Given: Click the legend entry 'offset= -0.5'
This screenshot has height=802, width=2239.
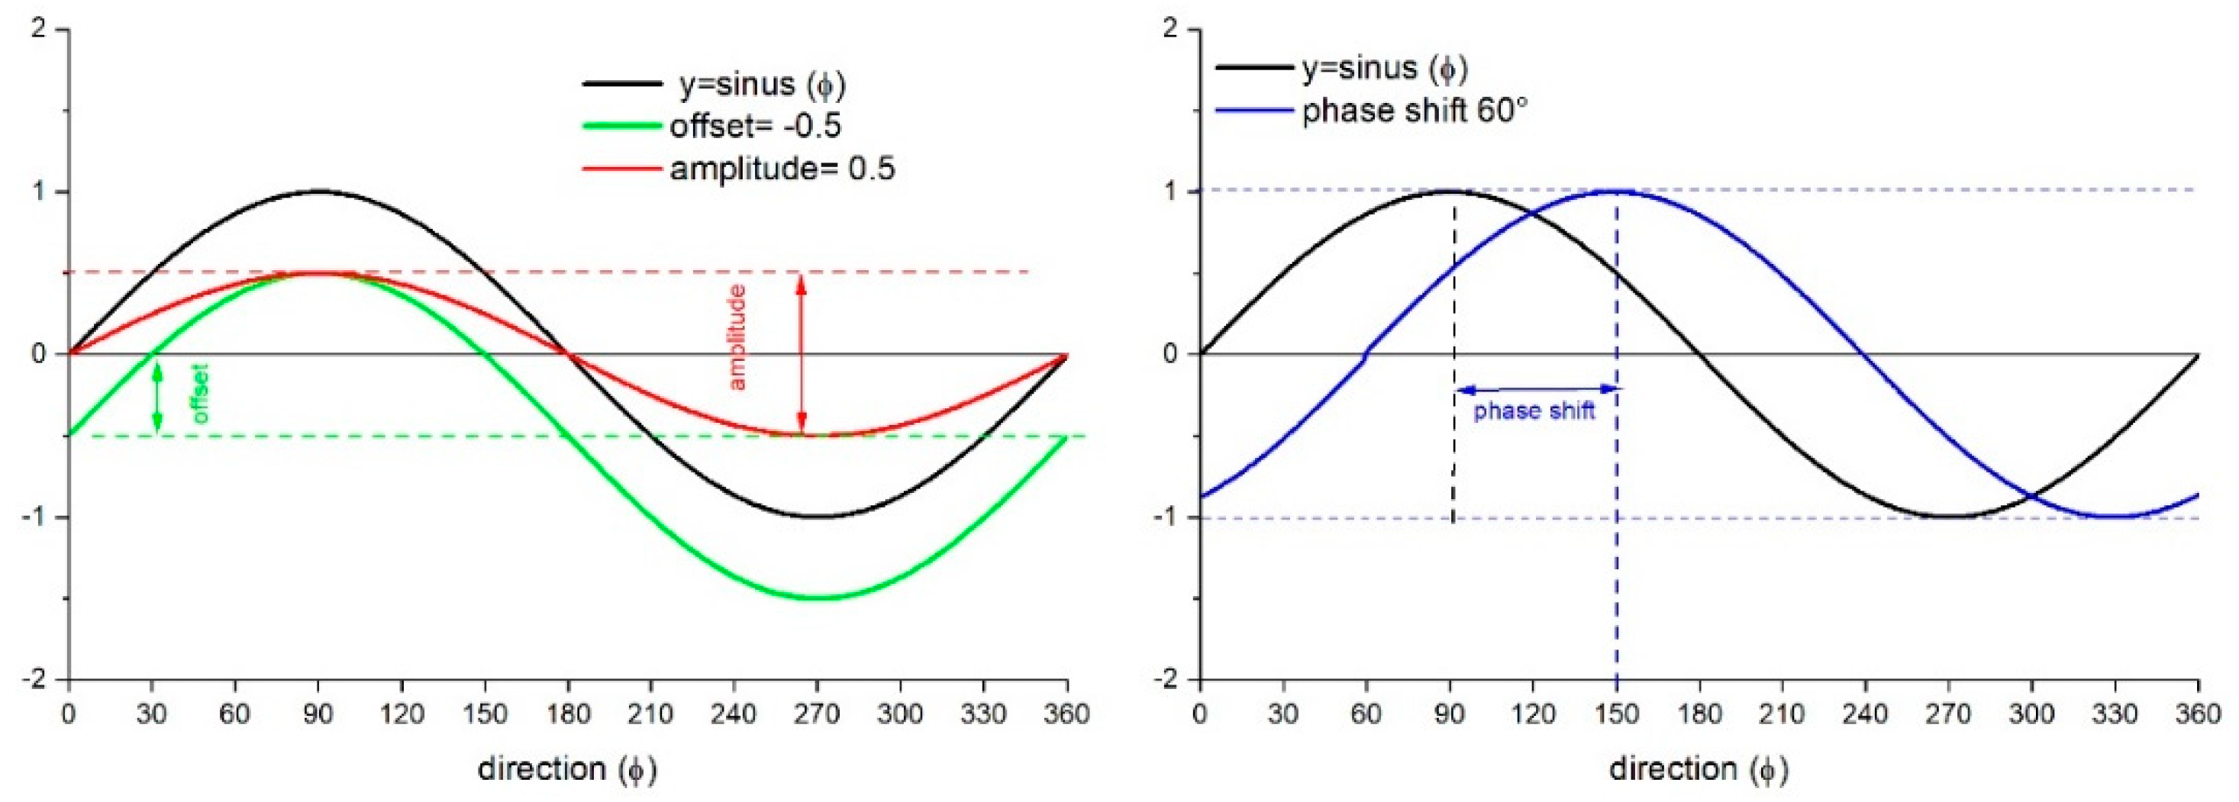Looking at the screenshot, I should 754,127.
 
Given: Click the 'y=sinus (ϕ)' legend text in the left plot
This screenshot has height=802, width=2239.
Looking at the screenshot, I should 761,84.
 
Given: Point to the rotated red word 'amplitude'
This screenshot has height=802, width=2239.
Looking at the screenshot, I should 737,337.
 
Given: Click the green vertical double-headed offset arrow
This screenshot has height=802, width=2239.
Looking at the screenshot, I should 157,395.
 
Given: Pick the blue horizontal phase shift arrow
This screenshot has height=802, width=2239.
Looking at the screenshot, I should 1535,389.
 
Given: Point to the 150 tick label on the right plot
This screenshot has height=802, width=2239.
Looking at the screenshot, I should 1616,714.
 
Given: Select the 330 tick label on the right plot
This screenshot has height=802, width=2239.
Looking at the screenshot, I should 2115,714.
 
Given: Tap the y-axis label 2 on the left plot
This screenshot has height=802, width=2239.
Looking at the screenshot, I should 37,30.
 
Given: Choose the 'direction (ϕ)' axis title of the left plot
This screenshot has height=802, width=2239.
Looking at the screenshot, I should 566,769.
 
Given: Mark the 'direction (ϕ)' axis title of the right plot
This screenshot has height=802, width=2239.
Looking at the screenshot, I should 1699,769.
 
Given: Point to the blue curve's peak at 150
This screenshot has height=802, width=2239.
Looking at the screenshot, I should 1616,192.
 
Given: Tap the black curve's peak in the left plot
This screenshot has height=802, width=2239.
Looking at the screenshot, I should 318,192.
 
